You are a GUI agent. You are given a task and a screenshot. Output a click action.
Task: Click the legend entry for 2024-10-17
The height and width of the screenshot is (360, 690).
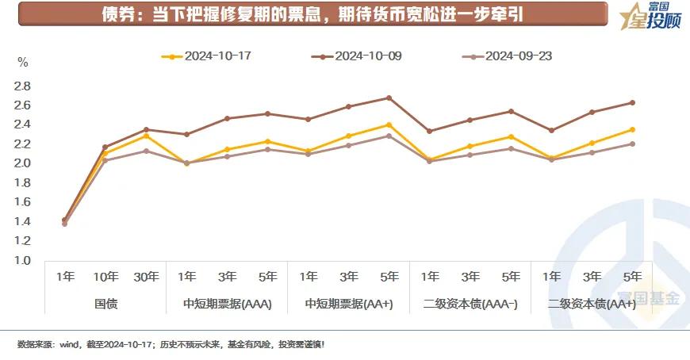tap(208, 56)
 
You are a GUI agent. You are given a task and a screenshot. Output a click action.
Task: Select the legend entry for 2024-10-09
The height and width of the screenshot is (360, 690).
tap(358, 56)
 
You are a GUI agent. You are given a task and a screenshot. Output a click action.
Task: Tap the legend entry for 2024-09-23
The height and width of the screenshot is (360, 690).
tap(508, 56)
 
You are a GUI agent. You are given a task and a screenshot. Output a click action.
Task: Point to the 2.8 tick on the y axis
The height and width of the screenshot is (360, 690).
tap(22, 86)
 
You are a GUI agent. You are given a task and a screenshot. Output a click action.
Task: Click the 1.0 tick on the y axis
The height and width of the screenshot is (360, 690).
tap(22, 260)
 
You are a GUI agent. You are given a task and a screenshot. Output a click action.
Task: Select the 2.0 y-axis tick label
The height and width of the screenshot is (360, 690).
tap(22, 163)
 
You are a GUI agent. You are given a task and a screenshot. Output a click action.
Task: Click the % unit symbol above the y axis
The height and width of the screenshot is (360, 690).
tap(22, 62)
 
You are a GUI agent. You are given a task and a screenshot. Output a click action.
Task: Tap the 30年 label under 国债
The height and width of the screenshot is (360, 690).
tap(146, 277)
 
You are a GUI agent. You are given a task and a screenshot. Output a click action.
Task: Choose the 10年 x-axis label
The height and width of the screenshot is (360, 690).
tap(105, 277)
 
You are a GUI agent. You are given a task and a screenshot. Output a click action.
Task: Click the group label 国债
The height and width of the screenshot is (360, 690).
tap(105, 304)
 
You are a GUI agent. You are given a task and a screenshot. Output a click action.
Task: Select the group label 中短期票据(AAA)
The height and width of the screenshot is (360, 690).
tap(227, 304)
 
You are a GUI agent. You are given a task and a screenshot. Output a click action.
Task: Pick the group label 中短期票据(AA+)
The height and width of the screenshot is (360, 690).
tap(349, 304)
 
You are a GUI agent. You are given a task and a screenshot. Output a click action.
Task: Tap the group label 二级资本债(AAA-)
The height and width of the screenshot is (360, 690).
tap(470, 304)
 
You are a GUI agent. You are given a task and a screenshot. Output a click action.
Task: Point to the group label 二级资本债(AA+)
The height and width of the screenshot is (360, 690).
tap(592, 304)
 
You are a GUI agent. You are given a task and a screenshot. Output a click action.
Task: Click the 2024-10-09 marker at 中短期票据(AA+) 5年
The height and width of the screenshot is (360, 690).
tap(389, 98)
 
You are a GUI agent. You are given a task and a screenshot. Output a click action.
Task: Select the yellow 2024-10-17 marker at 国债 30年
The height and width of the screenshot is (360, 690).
tap(146, 136)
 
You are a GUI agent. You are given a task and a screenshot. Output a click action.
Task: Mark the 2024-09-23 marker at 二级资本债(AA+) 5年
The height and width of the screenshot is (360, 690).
tap(632, 144)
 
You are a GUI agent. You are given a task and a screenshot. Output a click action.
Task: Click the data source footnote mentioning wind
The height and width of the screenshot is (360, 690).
tap(171, 344)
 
